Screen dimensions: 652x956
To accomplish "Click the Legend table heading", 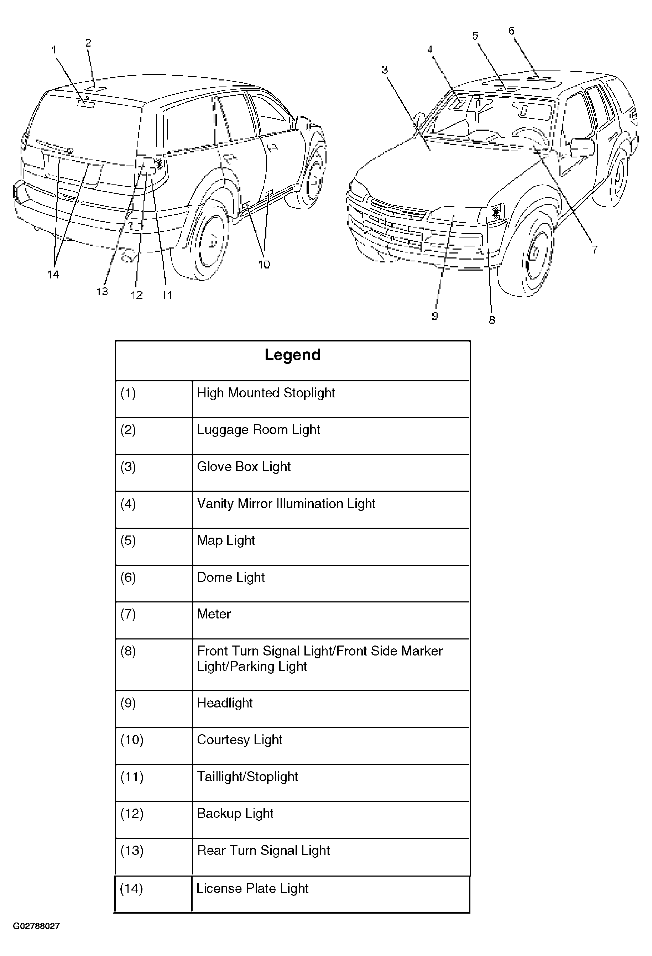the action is point(292,355).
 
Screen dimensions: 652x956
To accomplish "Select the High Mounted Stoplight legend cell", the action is point(266,393).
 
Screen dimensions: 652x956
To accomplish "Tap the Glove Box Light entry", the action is point(244,466).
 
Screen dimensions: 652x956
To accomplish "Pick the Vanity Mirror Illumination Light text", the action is point(286,503).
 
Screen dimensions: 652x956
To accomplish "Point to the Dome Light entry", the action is point(231,577).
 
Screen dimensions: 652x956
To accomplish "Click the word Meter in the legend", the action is point(214,614).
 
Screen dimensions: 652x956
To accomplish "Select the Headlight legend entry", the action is point(225,702).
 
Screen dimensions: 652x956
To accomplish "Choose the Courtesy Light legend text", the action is point(240,740).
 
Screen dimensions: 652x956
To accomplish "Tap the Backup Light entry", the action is point(235,813).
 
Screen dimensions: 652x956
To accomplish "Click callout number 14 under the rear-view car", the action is point(53,275).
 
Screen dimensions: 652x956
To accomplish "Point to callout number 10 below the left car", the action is point(264,265).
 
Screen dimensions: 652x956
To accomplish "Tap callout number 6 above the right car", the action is point(511,30).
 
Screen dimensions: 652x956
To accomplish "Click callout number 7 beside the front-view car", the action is point(595,249).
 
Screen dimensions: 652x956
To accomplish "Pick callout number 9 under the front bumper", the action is point(435,315).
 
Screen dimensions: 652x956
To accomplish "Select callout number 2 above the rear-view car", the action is point(88,42).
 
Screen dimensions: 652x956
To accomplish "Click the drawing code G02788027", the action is point(36,926).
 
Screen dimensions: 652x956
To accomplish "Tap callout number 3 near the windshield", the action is point(385,70).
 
